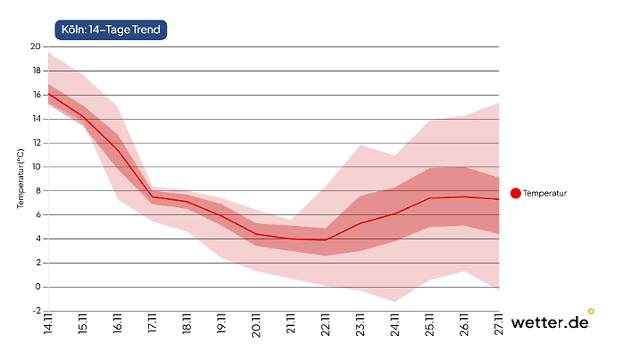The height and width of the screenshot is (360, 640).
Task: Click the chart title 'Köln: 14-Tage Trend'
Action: click(x=111, y=29)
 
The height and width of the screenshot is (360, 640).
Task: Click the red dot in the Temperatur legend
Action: click(x=515, y=193)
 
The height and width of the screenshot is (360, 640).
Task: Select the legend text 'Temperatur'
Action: click(x=545, y=193)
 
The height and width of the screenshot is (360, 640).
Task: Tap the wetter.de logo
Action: click(x=551, y=322)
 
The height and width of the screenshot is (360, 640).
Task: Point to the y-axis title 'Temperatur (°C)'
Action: click(x=20, y=179)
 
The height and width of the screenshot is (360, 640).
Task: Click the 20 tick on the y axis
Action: click(x=36, y=46)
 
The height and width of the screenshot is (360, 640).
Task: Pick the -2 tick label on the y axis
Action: click(x=36, y=311)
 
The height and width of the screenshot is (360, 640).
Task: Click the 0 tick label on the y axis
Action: click(x=37, y=287)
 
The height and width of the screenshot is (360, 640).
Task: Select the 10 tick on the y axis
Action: click(x=36, y=166)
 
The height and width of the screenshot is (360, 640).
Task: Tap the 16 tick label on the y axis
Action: click(x=36, y=95)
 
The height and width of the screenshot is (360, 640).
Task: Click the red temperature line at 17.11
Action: click(x=152, y=197)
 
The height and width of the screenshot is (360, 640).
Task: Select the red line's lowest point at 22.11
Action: click(x=326, y=239)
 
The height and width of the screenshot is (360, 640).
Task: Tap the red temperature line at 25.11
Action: click(x=429, y=198)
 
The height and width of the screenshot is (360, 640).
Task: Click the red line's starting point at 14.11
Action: click(x=48, y=93)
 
